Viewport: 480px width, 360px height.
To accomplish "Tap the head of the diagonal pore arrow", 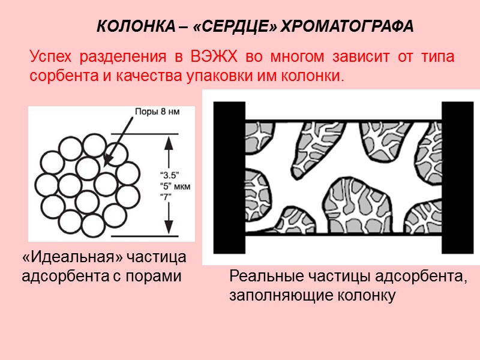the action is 107,163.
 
